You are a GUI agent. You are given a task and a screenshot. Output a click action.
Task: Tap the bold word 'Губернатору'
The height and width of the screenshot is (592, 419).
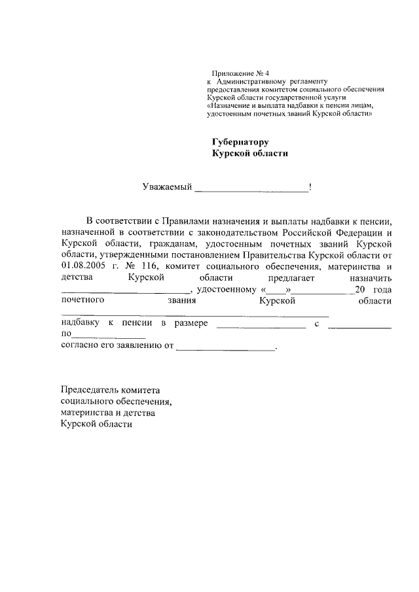coord(240,141)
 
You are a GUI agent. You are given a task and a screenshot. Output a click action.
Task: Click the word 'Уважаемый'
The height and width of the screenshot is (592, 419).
coord(167,188)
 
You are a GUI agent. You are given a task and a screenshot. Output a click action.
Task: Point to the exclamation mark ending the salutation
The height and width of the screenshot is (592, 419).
coord(310,188)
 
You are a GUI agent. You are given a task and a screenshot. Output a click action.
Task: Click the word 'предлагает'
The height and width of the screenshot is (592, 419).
coord(289,277)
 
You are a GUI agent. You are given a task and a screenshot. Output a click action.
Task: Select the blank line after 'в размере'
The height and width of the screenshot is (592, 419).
coord(261,325)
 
